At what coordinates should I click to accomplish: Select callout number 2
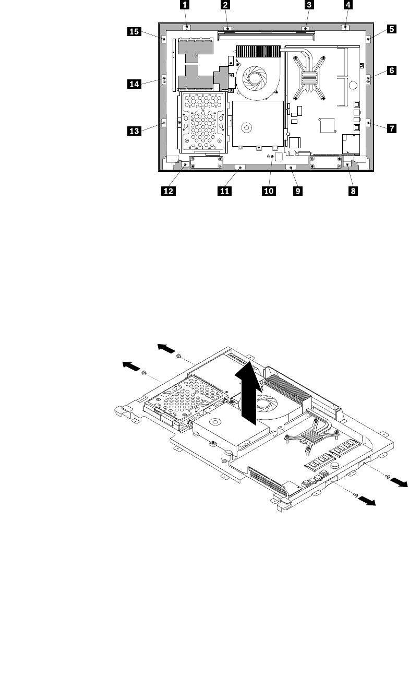coord(225,6)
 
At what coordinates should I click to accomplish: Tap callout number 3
coord(309,6)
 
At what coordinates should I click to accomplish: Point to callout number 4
coord(348,6)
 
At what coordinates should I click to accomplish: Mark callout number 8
coord(353,191)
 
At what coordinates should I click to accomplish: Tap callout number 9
coord(297,191)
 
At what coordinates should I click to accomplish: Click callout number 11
coord(224,191)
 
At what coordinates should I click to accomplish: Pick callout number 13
coord(134,132)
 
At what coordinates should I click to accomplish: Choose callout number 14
coord(134,82)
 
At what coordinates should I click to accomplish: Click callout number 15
coord(134,32)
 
